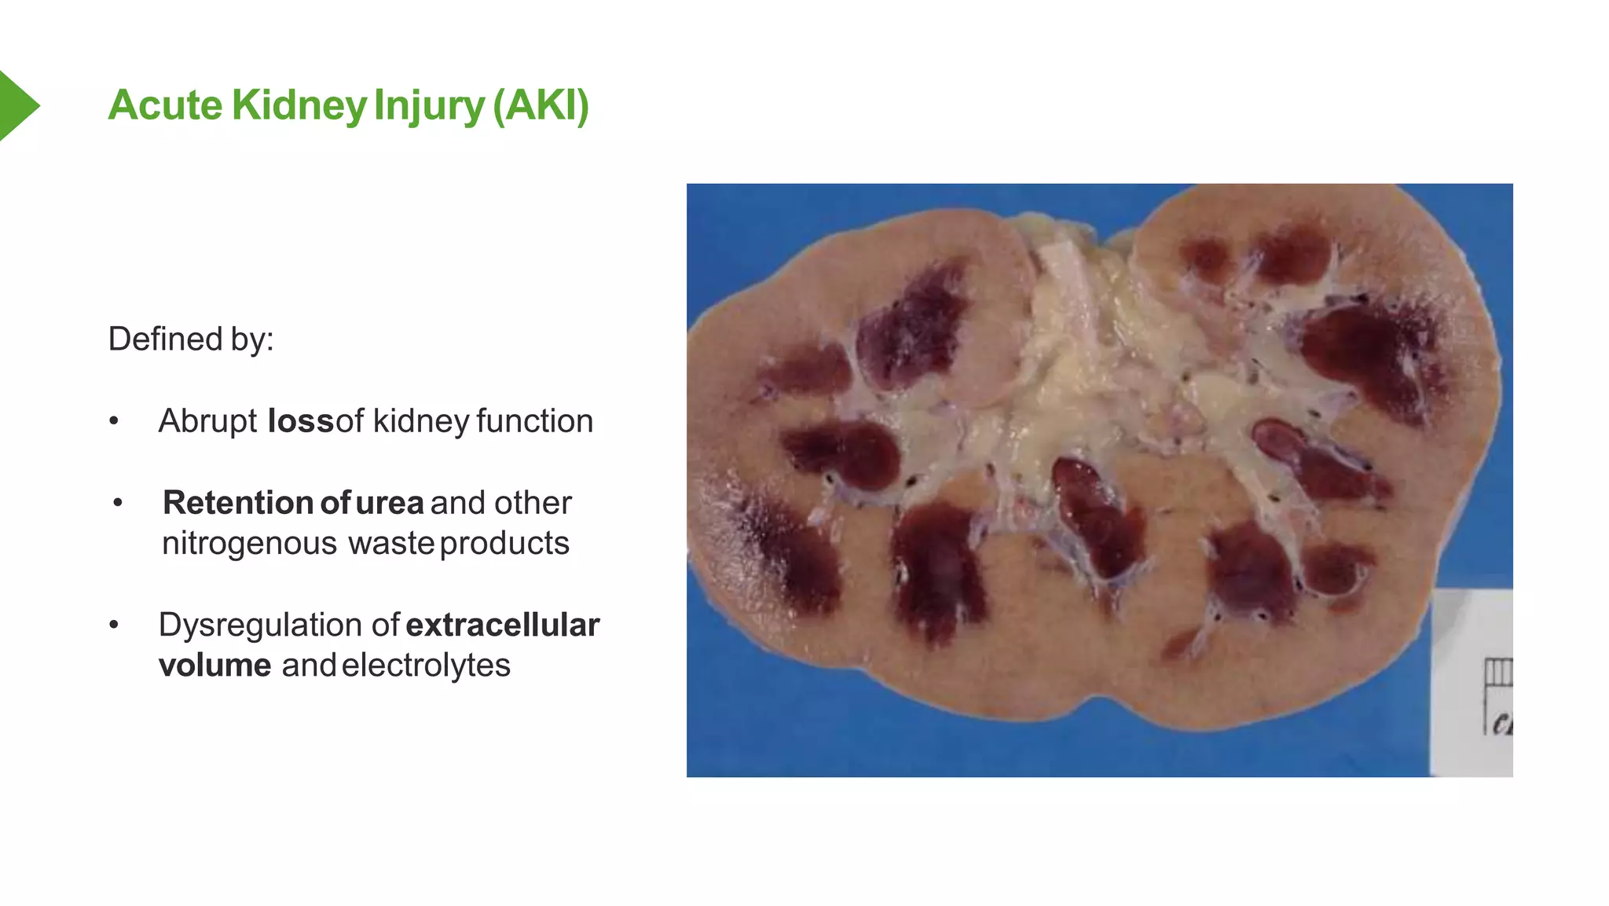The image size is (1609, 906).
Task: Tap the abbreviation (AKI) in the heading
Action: [x=541, y=105]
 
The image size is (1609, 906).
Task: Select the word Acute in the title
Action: [x=165, y=105]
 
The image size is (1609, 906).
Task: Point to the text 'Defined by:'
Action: [x=191, y=339]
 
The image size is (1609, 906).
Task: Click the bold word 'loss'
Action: [x=301, y=421]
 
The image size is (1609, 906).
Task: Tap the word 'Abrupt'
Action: [x=207, y=421]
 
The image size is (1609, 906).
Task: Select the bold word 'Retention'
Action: [x=238, y=503]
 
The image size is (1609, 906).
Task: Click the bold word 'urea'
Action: [x=389, y=503]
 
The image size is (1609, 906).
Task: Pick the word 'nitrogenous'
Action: [x=249, y=544]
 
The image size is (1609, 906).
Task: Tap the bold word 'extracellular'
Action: [x=503, y=625]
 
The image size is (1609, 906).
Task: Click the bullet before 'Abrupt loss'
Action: [x=115, y=422]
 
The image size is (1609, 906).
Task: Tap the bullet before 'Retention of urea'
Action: [x=118, y=503]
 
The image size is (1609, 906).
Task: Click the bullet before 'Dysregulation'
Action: [x=115, y=625]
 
